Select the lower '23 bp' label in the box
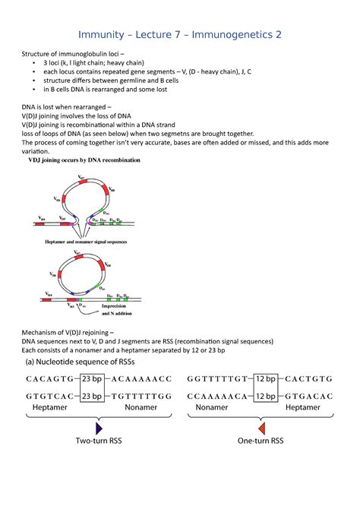(x=92, y=396)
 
